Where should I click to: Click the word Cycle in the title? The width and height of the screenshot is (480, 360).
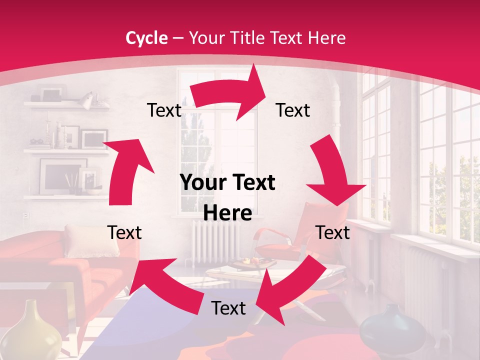[146, 38]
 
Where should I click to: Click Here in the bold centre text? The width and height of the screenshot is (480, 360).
[227, 213]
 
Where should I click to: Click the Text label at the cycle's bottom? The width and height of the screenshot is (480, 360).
[228, 308]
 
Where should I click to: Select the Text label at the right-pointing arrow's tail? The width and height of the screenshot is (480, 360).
[164, 110]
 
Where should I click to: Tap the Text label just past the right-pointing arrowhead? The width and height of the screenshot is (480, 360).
[293, 110]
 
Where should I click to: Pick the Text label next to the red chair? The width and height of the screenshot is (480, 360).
[332, 232]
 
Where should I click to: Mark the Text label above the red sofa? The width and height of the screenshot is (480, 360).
[124, 232]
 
